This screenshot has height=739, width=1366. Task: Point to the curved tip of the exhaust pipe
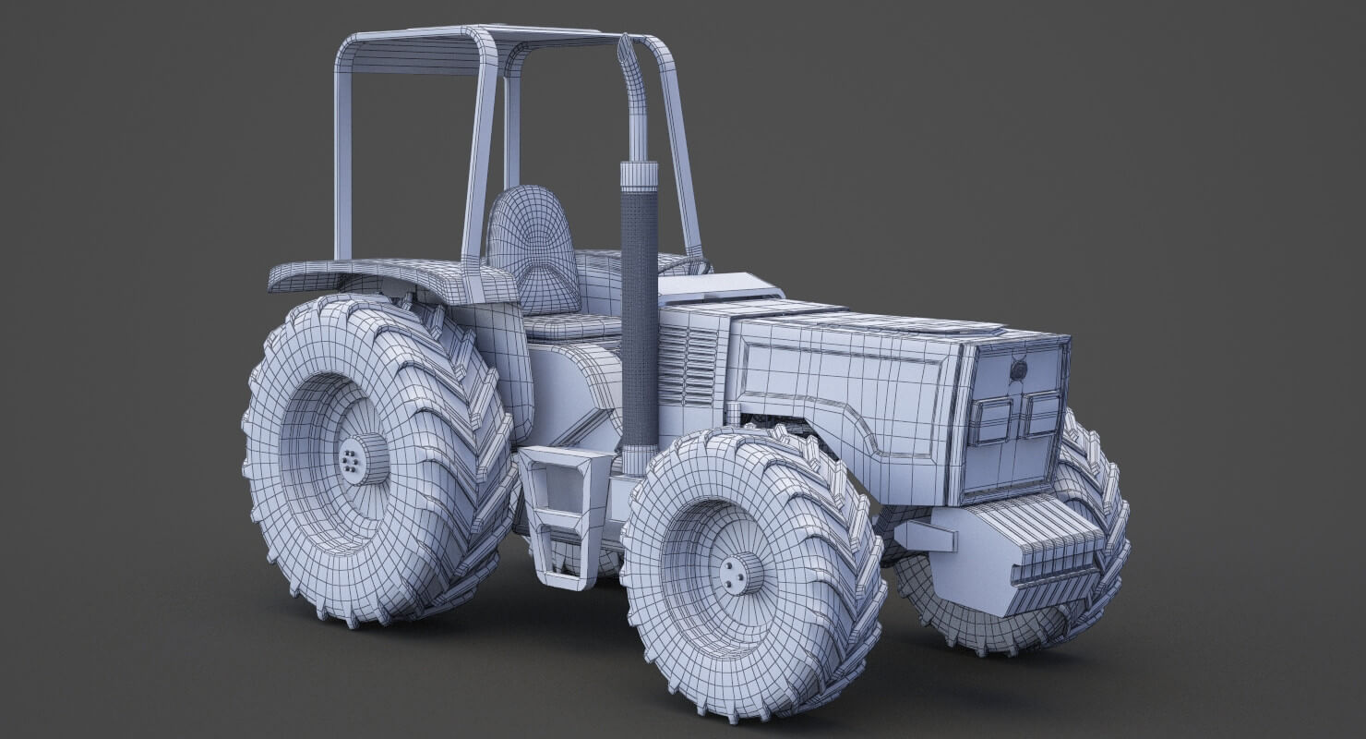pos(625,50)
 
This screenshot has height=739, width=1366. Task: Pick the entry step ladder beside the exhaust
pos(555,513)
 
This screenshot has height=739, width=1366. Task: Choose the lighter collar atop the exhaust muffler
pos(639,176)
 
